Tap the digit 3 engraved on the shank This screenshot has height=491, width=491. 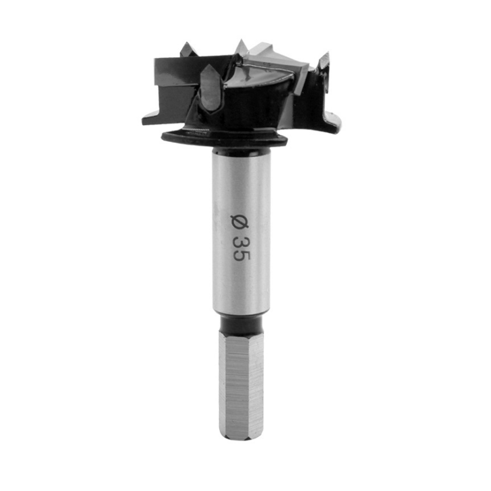[241, 242]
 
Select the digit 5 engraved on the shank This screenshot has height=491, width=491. [241, 255]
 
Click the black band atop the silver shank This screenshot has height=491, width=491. [241, 151]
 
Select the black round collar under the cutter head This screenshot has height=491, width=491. [224, 139]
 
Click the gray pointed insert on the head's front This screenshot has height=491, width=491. [211, 88]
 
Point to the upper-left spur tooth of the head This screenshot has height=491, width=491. [187, 50]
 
